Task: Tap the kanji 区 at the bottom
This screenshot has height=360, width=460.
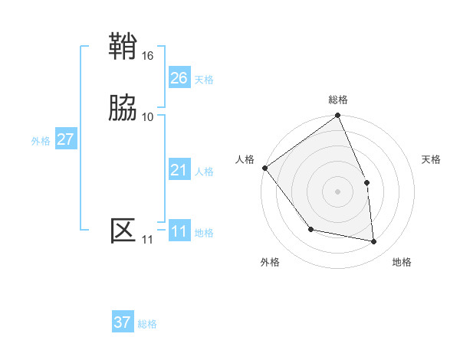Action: tap(123, 230)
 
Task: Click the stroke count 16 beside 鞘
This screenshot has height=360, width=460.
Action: tap(148, 56)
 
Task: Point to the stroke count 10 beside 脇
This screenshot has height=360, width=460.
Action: tap(148, 116)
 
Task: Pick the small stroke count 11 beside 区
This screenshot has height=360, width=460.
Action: tap(147, 240)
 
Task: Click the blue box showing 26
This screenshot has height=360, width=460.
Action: tap(179, 78)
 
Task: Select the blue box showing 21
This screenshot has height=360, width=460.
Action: tap(179, 170)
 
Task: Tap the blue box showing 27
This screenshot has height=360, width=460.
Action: tap(65, 139)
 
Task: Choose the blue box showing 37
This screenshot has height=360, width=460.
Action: tap(122, 322)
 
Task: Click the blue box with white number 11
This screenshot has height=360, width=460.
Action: tap(179, 232)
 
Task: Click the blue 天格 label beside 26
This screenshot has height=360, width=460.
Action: tap(204, 80)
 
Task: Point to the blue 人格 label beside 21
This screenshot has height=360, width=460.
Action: tap(204, 172)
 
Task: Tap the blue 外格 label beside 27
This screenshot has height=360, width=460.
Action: tap(41, 141)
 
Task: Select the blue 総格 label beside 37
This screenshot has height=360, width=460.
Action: tap(147, 324)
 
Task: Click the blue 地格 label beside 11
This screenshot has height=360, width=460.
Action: tap(204, 233)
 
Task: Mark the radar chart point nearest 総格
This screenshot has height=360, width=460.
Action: tap(337, 116)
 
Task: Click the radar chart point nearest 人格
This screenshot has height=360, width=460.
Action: tap(264, 168)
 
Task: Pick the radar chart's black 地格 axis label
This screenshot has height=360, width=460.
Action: tap(402, 263)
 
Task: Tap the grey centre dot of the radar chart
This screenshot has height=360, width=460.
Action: tap(337, 191)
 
